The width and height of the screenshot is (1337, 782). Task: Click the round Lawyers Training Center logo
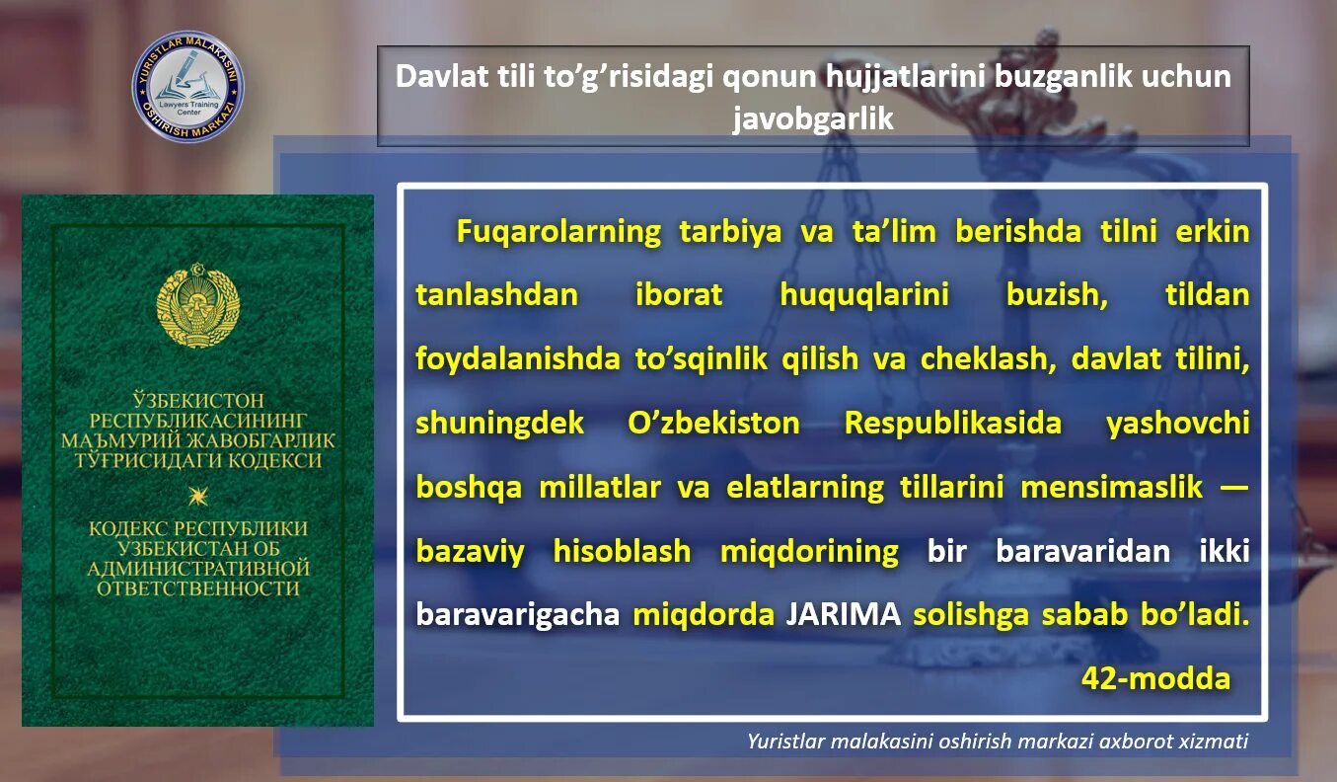[188, 87]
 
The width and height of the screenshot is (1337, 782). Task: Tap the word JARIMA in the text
[843, 614]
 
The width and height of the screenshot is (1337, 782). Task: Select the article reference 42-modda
[1155, 678]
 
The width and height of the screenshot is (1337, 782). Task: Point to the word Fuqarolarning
[558, 232]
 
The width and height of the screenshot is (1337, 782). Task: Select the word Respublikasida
[953, 424]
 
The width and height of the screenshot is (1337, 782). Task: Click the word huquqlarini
[864, 295]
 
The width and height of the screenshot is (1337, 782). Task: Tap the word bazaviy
[470, 551]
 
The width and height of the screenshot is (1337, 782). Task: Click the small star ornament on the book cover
[197, 494]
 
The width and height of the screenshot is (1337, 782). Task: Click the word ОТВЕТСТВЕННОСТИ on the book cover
[197, 587]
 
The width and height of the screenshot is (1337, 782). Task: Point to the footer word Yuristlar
[784, 742]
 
